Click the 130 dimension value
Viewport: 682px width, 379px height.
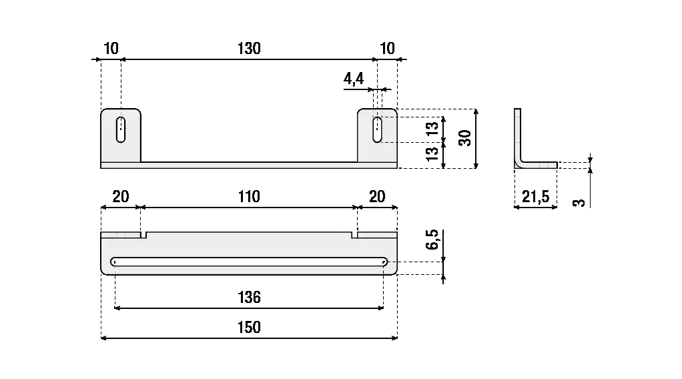(x=248, y=49)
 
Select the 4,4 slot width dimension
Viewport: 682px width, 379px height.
(x=354, y=79)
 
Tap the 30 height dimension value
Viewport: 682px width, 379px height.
(x=466, y=137)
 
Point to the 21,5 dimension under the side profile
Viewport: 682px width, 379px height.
(x=535, y=197)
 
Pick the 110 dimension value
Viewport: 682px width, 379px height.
(x=248, y=197)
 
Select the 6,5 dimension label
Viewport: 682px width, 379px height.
(x=432, y=240)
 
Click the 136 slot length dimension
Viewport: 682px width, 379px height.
(x=248, y=297)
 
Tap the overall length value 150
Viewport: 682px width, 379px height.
(x=248, y=328)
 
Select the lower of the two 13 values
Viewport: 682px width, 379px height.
(x=432, y=153)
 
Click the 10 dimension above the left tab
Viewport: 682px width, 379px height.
(x=111, y=49)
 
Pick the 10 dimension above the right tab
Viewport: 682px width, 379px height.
(x=387, y=49)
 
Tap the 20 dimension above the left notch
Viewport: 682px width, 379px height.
(x=120, y=197)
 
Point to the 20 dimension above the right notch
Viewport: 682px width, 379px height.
(x=377, y=197)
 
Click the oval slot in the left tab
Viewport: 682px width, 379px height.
(x=121, y=129)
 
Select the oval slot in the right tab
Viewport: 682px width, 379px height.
(x=378, y=129)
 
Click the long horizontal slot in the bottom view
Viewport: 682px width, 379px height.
(x=250, y=262)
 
